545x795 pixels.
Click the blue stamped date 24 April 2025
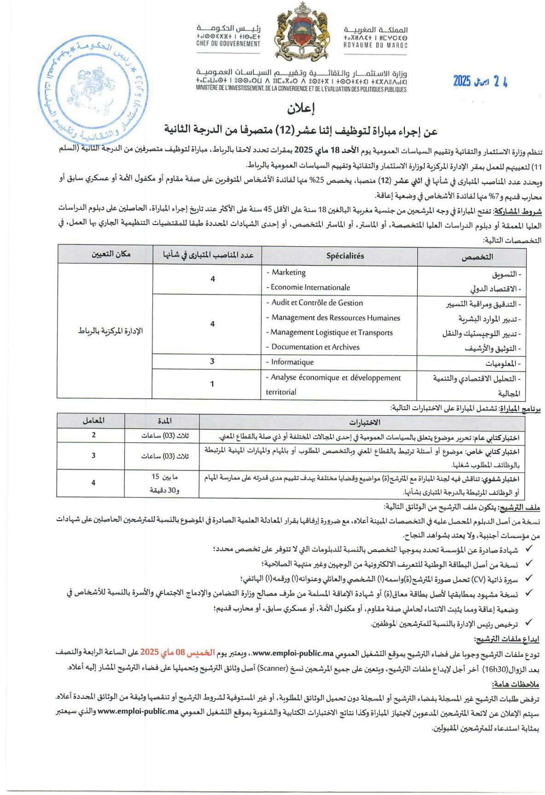[480, 82]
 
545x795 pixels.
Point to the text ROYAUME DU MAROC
[375, 45]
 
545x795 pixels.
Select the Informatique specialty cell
[292, 362]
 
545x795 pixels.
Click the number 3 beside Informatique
[212, 361]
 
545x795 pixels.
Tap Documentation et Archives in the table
[315, 347]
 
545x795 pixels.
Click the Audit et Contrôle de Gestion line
[317, 303]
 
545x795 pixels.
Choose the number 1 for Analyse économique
[212, 384]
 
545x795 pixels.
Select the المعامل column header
[94, 421]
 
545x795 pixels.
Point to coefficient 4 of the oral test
[93, 483]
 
